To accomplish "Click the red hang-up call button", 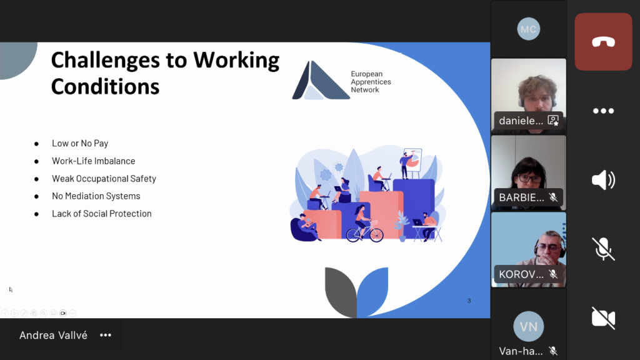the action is pyautogui.click(x=603, y=42).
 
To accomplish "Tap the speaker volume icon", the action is pyautogui.click(x=603, y=180).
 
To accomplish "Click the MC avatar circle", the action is pyautogui.click(x=529, y=29).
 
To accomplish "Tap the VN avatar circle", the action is pyautogui.click(x=529, y=326).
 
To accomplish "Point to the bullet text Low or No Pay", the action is pyautogui.click(x=80, y=143).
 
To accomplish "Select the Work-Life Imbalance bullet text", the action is pyautogui.click(x=94, y=161).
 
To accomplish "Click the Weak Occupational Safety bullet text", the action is pyautogui.click(x=104, y=178).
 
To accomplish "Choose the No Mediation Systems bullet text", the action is pyautogui.click(x=96, y=196).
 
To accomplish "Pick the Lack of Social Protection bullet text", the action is pyautogui.click(x=102, y=214).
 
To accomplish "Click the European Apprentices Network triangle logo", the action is pyautogui.click(x=321, y=81).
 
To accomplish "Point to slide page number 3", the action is pyautogui.click(x=469, y=301).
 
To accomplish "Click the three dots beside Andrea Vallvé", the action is pyautogui.click(x=106, y=335).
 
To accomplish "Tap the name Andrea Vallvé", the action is pyautogui.click(x=54, y=335).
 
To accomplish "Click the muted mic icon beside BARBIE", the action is pyautogui.click(x=553, y=197).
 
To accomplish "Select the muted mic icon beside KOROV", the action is pyautogui.click(x=553, y=274).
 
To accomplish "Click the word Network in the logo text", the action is pyautogui.click(x=365, y=90).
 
